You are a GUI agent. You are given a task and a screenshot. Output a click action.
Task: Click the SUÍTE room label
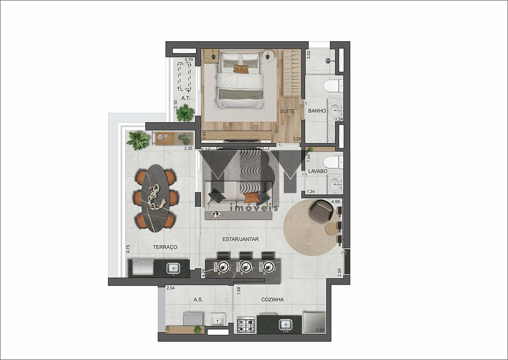coord(287,111)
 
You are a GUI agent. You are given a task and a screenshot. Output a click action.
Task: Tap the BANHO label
coord(317,111)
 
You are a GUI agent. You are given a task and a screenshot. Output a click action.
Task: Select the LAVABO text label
coord(317,171)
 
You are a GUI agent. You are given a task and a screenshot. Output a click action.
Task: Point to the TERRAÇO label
coord(165,247)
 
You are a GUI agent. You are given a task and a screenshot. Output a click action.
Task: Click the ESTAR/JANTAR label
coord(241,239)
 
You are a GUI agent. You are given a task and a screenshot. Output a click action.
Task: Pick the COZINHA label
coord(272,300)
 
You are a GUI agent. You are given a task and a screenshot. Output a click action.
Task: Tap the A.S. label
coord(198,300)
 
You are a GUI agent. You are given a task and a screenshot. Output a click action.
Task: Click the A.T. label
coord(186,98)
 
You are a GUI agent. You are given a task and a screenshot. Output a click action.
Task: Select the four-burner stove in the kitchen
coord(247,324)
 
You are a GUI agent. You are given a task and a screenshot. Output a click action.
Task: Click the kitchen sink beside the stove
coord(285,324)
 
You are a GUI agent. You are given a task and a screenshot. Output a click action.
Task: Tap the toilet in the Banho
coord(331,86)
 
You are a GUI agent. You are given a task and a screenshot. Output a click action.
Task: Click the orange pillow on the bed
coord(241,69)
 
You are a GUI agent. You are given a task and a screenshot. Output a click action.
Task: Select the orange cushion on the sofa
coord(252,198)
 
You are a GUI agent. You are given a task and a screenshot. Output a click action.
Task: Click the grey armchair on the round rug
coord(321,211)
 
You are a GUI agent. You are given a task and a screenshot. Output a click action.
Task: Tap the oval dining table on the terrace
coord(155,198)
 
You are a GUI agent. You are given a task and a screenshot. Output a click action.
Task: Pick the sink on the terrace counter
coord(173,268)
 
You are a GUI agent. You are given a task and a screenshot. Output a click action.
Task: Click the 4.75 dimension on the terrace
coord(128,249)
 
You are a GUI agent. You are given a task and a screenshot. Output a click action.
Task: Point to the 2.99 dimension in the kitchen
coord(320,330)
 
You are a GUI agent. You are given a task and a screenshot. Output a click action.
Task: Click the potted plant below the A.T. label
coord(185,113)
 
